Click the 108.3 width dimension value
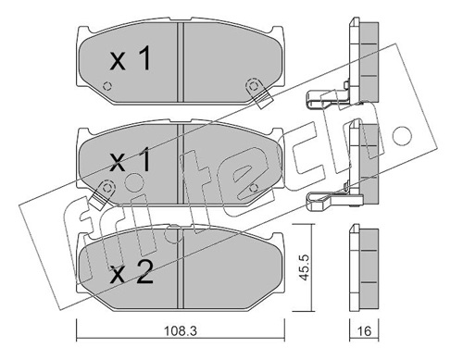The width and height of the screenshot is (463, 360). pyautogui.click(x=180, y=331)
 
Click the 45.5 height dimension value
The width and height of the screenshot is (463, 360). pyautogui.click(x=305, y=267)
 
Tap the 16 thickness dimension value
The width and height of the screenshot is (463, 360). pyautogui.click(x=365, y=331)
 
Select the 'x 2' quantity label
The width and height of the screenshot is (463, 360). pyautogui.click(x=131, y=272)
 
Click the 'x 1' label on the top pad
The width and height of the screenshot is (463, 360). pyautogui.click(x=131, y=58)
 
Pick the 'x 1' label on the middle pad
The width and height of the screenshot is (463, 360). pyautogui.click(x=131, y=159)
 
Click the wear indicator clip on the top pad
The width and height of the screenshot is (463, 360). pyautogui.click(x=257, y=92)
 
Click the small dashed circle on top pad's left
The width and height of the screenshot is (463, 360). pyautogui.click(x=106, y=86)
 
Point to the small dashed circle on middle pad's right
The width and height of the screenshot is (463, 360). pyautogui.click(x=254, y=187)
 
